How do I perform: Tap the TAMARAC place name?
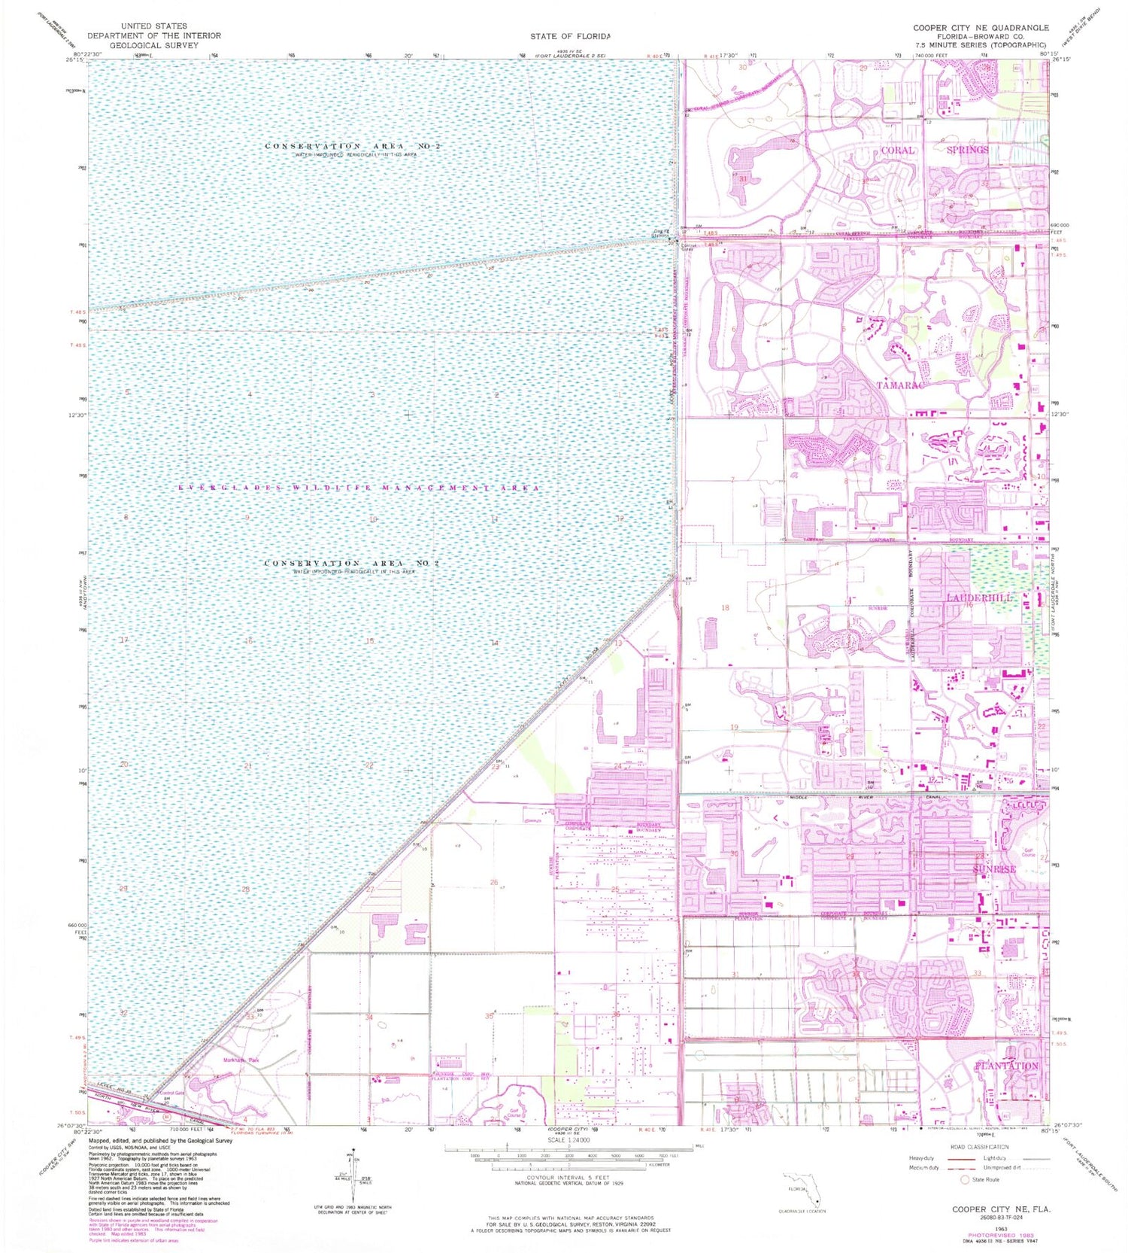click(x=899, y=385)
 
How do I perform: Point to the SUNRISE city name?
click(x=994, y=868)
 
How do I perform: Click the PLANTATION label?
click(x=1006, y=1066)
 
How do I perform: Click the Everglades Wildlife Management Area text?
click(x=359, y=488)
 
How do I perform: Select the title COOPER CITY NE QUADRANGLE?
click(x=981, y=28)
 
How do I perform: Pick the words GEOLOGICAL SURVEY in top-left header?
click(x=154, y=45)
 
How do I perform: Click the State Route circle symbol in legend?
click(x=966, y=1179)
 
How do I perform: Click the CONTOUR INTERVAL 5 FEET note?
click(x=569, y=1178)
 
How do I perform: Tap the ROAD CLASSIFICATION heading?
click(x=978, y=1147)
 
